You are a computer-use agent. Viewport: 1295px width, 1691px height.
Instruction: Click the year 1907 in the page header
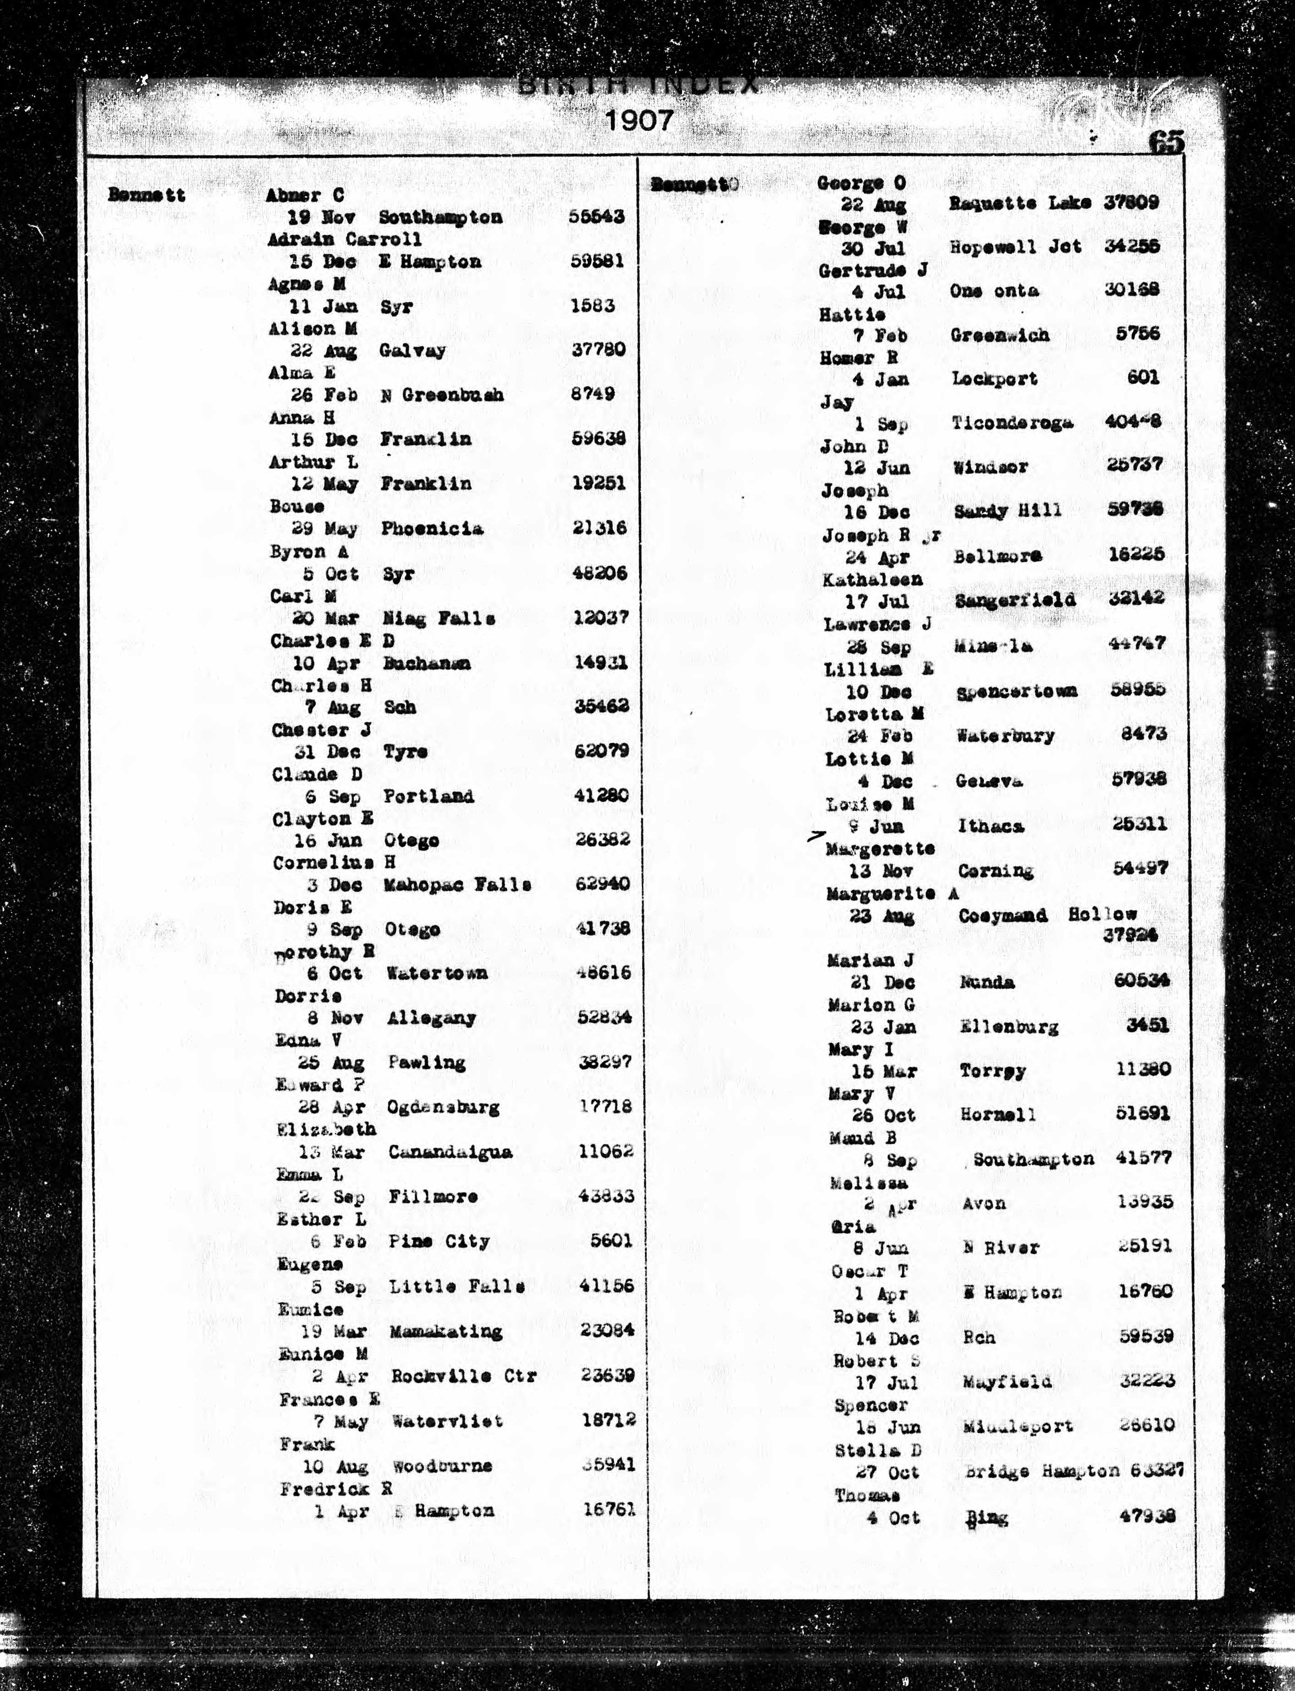[639, 121]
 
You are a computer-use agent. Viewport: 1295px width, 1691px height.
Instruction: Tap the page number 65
[1166, 142]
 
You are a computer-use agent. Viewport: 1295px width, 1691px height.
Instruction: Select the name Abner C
[305, 195]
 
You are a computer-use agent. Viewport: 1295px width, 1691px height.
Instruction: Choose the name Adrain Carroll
[344, 239]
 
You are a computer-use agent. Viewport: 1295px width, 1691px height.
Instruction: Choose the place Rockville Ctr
[463, 1376]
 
